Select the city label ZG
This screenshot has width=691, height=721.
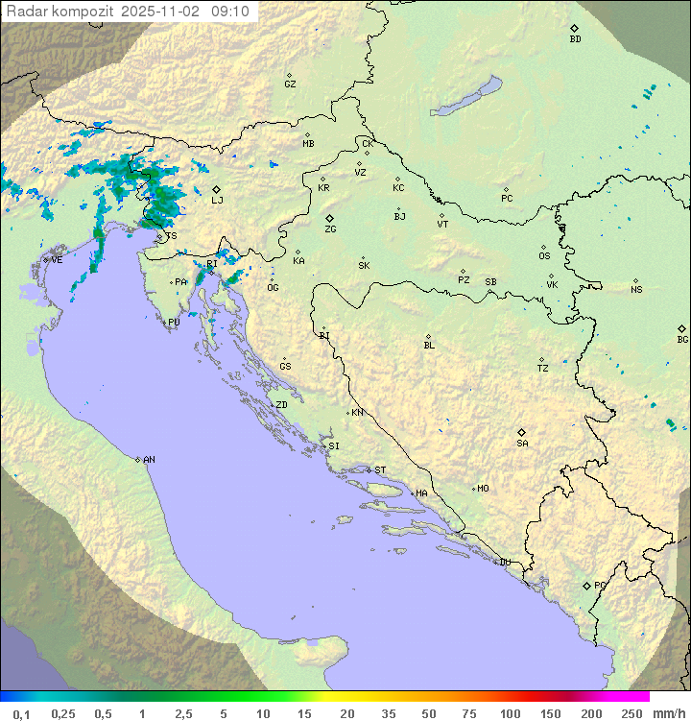[330, 229]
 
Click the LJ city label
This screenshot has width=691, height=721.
[217, 200]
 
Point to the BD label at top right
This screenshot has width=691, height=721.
[575, 39]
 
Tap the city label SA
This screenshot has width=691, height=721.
[522, 443]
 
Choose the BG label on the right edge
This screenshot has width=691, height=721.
[682, 339]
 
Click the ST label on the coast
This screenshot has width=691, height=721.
[380, 470]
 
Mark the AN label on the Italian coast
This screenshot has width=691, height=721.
[149, 460]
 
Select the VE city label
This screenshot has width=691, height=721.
[57, 260]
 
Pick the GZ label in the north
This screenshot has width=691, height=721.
[290, 84]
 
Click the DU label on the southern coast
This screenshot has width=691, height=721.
[504, 563]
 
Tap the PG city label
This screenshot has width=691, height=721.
[600, 585]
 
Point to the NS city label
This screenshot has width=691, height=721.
[636, 290]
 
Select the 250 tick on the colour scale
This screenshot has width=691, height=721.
[631, 713]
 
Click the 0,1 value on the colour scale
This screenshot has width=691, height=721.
[21, 713]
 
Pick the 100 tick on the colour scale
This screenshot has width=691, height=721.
[511, 713]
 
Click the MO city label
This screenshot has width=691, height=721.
[483, 489]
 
